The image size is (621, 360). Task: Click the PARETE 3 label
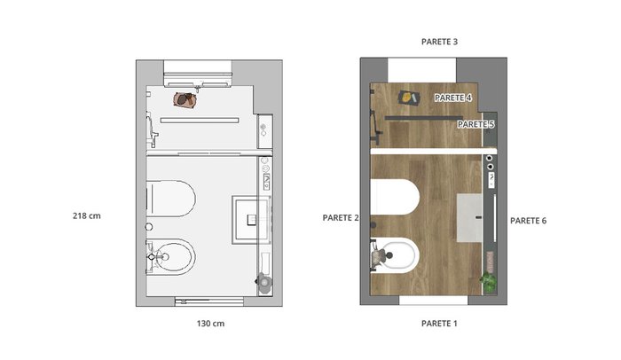click(439, 42)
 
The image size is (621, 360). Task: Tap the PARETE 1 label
click(439, 324)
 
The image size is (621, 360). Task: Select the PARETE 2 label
click(341, 218)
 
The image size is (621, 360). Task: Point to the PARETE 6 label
click(528, 221)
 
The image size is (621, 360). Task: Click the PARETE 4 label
click(453, 98)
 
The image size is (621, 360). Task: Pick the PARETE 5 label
click(476, 124)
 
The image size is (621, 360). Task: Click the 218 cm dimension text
click(87, 215)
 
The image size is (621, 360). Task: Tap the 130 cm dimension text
click(211, 324)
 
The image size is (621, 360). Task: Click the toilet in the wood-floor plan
click(395, 197)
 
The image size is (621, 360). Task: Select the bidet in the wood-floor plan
click(395, 255)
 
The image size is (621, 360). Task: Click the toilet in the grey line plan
click(171, 199)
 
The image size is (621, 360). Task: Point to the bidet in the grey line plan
click(171, 257)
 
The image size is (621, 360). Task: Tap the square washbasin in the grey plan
click(252, 220)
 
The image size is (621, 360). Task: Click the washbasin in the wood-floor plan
click(469, 218)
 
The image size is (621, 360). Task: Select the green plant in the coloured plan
click(489, 281)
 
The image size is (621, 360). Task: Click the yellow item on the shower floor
click(409, 98)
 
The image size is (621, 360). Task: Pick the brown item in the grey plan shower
click(185, 99)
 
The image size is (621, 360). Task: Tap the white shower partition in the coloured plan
click(434, 151)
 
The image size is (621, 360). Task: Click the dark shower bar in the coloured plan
click(424, 118)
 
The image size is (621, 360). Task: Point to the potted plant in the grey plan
click(263, 282)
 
